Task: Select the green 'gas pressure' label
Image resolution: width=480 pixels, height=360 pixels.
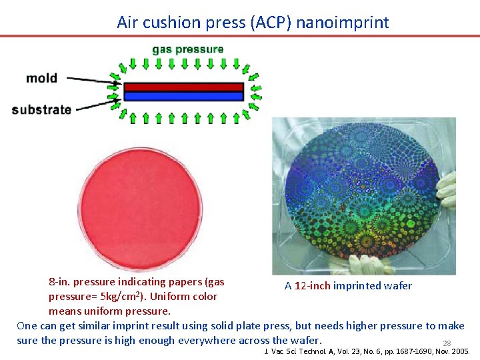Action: (188, 49)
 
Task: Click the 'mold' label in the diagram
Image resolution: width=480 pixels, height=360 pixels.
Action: (41, 78)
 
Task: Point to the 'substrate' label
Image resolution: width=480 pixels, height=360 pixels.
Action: (41, 109)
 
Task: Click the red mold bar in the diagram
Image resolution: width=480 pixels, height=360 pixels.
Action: (184, 87)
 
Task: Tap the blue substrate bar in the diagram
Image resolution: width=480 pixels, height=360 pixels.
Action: (184, 96)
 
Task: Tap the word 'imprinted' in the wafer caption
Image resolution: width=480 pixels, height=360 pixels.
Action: (357, 286)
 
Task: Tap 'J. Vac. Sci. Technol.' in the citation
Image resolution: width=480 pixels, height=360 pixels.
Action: (300, 351)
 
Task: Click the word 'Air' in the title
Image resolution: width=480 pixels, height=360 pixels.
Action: (126, 22)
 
